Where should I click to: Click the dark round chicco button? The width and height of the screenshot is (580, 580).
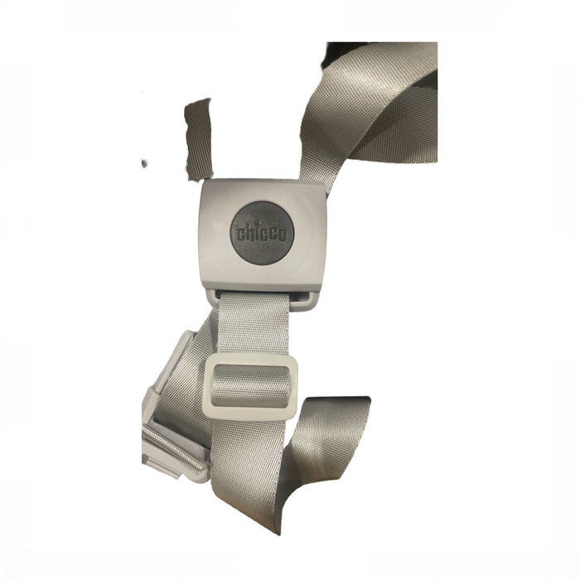pos(263,233)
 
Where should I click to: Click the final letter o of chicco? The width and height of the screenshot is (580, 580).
pos(282,235)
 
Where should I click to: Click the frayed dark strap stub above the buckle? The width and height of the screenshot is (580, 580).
pos(199,139)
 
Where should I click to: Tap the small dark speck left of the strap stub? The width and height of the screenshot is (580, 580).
pos(145,162)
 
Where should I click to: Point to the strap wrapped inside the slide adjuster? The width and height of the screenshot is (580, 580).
pos(251,386)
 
